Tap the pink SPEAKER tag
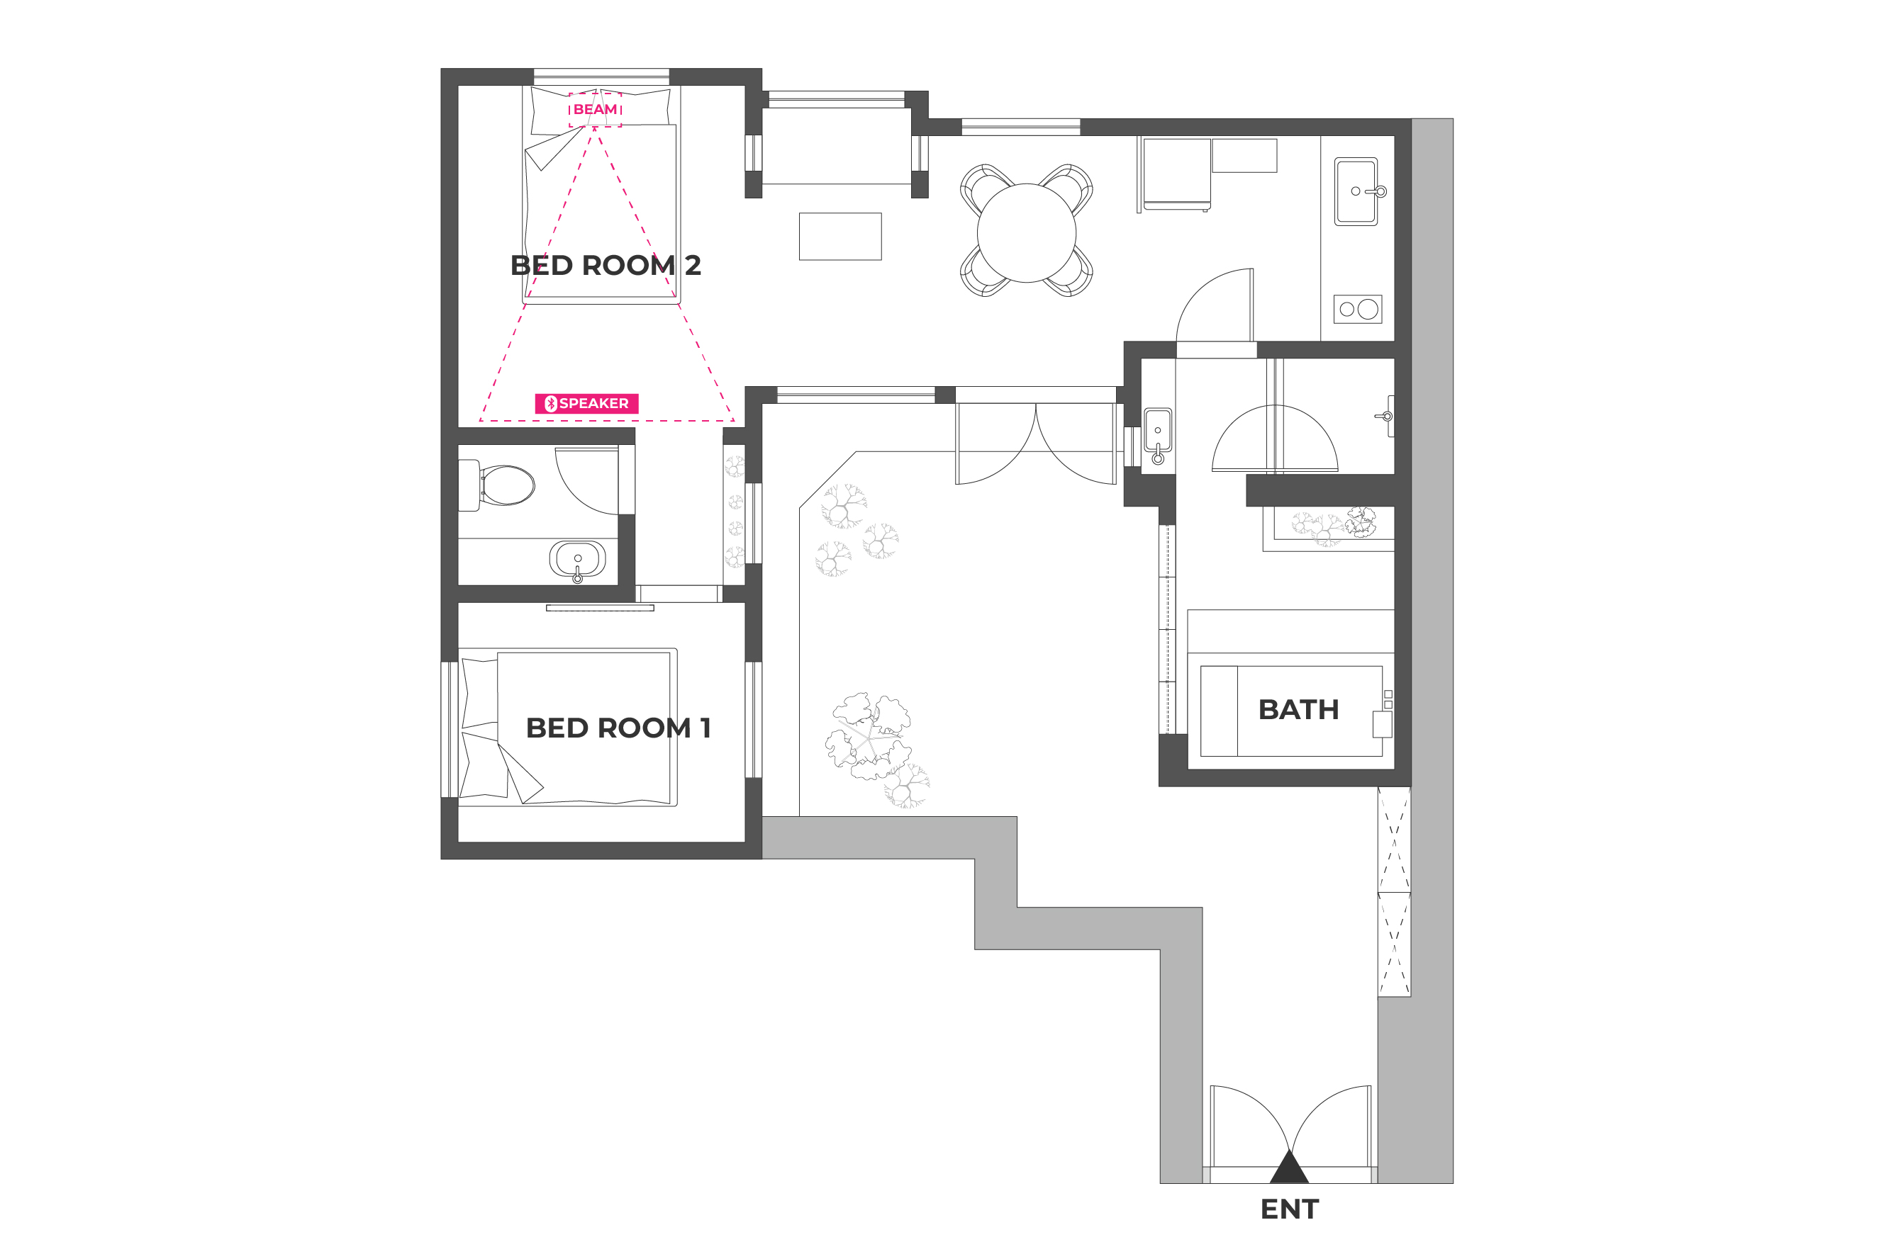[586, 403]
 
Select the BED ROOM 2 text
[606, 265]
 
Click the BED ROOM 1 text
[618, 728]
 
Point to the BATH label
[1298, 709]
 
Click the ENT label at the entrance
[1289, 1209]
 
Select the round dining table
[1026, 232]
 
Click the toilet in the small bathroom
[497, 485]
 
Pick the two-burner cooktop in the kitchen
[1358, 309]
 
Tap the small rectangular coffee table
[840, 236]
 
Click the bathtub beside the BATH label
[1291, 711]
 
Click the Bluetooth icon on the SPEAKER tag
[551, 404]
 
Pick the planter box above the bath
[1328, 529]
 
